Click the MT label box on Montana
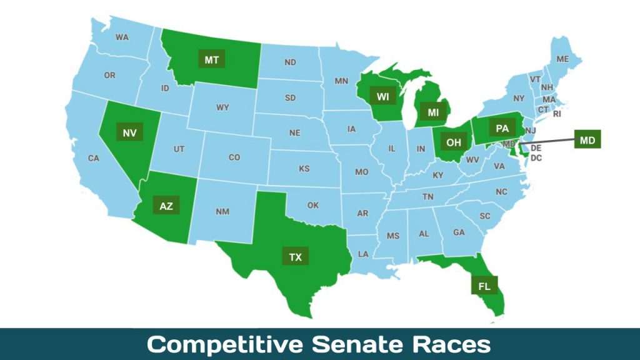[x=212, y=59]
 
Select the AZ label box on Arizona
[x=166, y=206]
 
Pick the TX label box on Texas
[x=295, y=256]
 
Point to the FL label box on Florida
[x=484, y=286]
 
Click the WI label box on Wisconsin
[x=382, y=96]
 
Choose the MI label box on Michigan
[x=433, y=112]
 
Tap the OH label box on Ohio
[x=454, y=142]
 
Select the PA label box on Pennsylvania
[x=502, y=129]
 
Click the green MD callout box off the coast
[x=587, y=139]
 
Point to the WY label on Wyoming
[x=222, y=107]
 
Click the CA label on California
[x=94, y=158]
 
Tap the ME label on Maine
[x=562, y=59]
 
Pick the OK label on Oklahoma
[x=312, y=205]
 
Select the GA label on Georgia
[x=459, y=232]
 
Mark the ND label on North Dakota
[x=290, y=62]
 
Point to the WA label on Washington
[x=122, y=37]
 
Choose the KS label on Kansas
[x=304, y=169]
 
